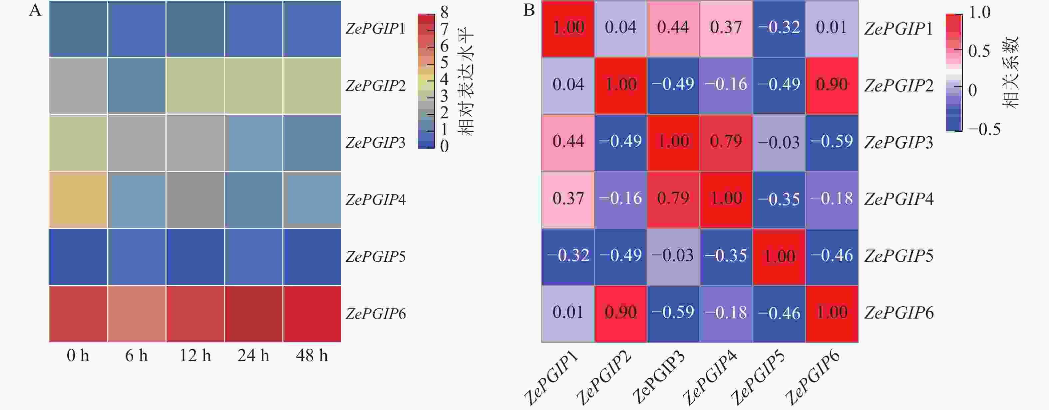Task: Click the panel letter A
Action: [35, 10]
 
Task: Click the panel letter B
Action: [528, 10]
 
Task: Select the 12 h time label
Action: [195, 356]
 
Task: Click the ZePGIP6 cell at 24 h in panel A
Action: [253, 314]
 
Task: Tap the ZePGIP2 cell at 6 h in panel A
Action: [137, 85]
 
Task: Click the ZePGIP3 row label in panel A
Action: [375, 143]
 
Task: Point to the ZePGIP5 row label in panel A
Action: [375, 257]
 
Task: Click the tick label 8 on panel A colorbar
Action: [444, 12]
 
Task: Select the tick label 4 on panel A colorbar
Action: [444, 79]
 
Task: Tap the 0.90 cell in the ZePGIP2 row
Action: [832, 84]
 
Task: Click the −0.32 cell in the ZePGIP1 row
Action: [779, 28]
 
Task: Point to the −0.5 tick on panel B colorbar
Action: [984, 129]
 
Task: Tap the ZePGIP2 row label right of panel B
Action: [899, 86]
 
